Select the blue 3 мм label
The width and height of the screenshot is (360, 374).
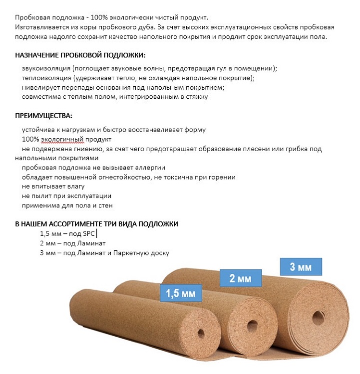[301, 267]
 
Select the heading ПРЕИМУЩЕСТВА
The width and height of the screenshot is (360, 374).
[43, 116]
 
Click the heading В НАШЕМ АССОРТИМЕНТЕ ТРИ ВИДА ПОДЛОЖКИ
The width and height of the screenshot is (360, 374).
[97, 224]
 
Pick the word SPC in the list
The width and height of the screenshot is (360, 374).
[89, 233]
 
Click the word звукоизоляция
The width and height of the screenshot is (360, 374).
[45, 68]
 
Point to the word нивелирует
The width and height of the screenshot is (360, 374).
[39, 87]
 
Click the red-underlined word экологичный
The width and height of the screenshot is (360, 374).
[62, 139]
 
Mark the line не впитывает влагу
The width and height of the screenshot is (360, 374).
[50, 187]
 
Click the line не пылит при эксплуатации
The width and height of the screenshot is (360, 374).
[66, 196]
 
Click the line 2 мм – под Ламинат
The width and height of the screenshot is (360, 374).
[73, 243]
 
